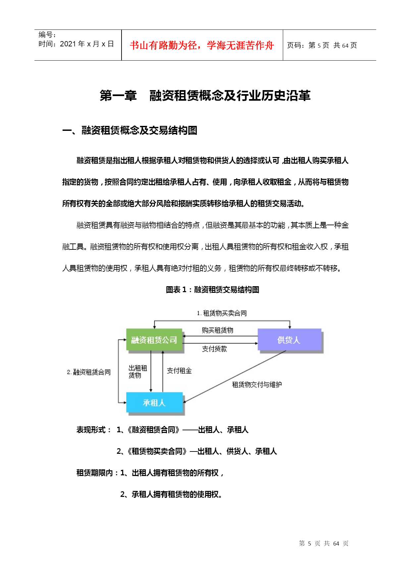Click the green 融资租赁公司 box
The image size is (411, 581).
click(x=154, y=340)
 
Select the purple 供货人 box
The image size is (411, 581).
click(x=289, y=340)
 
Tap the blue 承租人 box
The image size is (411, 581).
click(x=154, y=402)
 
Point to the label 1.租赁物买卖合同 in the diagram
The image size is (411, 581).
click(x=222, y=313)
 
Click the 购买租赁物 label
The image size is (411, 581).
click(x=218, y=330)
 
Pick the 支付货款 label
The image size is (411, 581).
click(x=215, y=349)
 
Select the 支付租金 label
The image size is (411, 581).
click(x=179, y=371)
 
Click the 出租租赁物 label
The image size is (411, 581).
click(x=137, y=372)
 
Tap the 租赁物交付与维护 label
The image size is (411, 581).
click(x=257, y=385)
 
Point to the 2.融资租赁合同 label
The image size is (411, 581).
click(x=89, y=372)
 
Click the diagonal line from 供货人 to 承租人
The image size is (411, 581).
click(x=232, y=378)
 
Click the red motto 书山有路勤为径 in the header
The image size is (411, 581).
click(x=202, y=45)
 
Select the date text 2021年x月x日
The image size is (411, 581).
click(x=87, y=44)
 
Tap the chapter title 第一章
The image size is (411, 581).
click(x=118, y=96)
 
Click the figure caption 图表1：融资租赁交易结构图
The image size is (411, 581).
click(x=212, y=290)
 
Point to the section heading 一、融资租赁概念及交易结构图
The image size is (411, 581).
click(x=129, y=131)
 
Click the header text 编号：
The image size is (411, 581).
click(x=47, y=35)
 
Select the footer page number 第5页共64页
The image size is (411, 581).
click(x=324, y=544)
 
